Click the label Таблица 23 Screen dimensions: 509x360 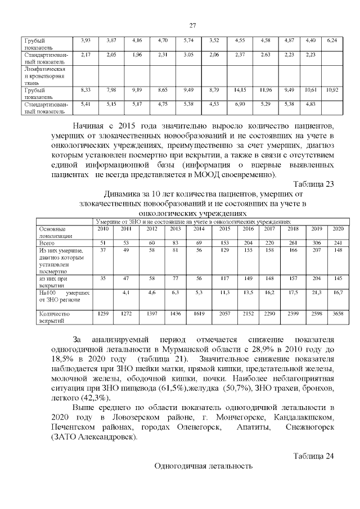click(x=314, y=183)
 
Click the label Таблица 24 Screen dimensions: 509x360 click(x=314, y=455)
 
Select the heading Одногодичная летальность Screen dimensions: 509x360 click(x=203, y=466)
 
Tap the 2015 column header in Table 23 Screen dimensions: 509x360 click(x=224, y=228)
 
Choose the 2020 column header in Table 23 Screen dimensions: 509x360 click(x=338, y=228)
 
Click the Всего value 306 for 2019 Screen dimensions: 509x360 click(x=317, y=242)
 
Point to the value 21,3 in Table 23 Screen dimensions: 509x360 click(x=317, y=292)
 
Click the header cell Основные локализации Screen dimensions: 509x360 click(x=52, y=232)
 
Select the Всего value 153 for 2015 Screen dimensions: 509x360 click(x=224, y=242)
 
